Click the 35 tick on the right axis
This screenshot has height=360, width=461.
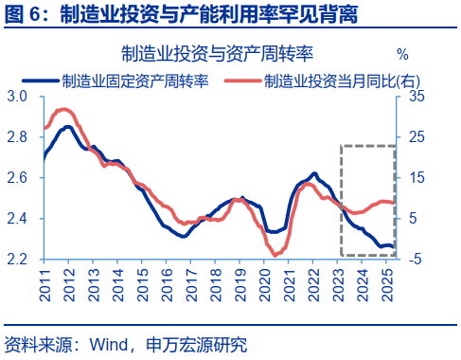click(x=417, y=97)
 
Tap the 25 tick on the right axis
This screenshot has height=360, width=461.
click(x=417, y=137)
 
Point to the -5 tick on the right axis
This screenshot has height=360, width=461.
click(x=417, y=259)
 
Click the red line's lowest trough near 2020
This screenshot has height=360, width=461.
click(x=275, y=255)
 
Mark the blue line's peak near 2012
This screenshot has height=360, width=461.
click(x=68, y=126)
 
